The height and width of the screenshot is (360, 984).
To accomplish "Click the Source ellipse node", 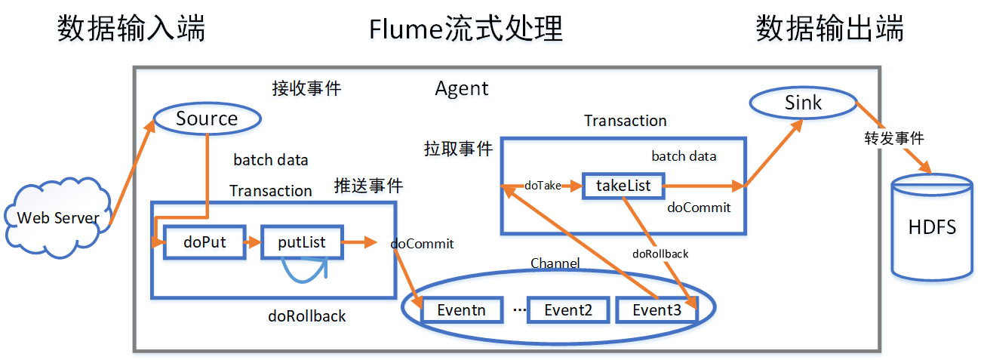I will (208, 118).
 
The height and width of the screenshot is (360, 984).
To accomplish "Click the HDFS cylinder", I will (933, 226).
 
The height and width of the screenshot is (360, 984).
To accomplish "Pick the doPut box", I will (205, 242).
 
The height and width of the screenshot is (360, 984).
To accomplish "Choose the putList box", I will (302, 242).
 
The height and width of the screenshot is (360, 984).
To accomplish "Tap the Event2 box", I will (568, 309).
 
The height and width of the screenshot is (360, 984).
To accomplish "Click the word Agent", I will (462, 88).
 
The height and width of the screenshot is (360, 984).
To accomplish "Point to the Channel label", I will (555, 263).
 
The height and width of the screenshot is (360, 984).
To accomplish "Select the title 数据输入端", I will (131, 29).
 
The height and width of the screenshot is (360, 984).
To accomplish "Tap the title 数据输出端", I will (830, 29).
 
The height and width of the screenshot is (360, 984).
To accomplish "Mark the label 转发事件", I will (894, 139).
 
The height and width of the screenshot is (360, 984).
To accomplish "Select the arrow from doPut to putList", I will (254, 242).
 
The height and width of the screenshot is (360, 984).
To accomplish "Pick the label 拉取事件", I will (458, 149).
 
